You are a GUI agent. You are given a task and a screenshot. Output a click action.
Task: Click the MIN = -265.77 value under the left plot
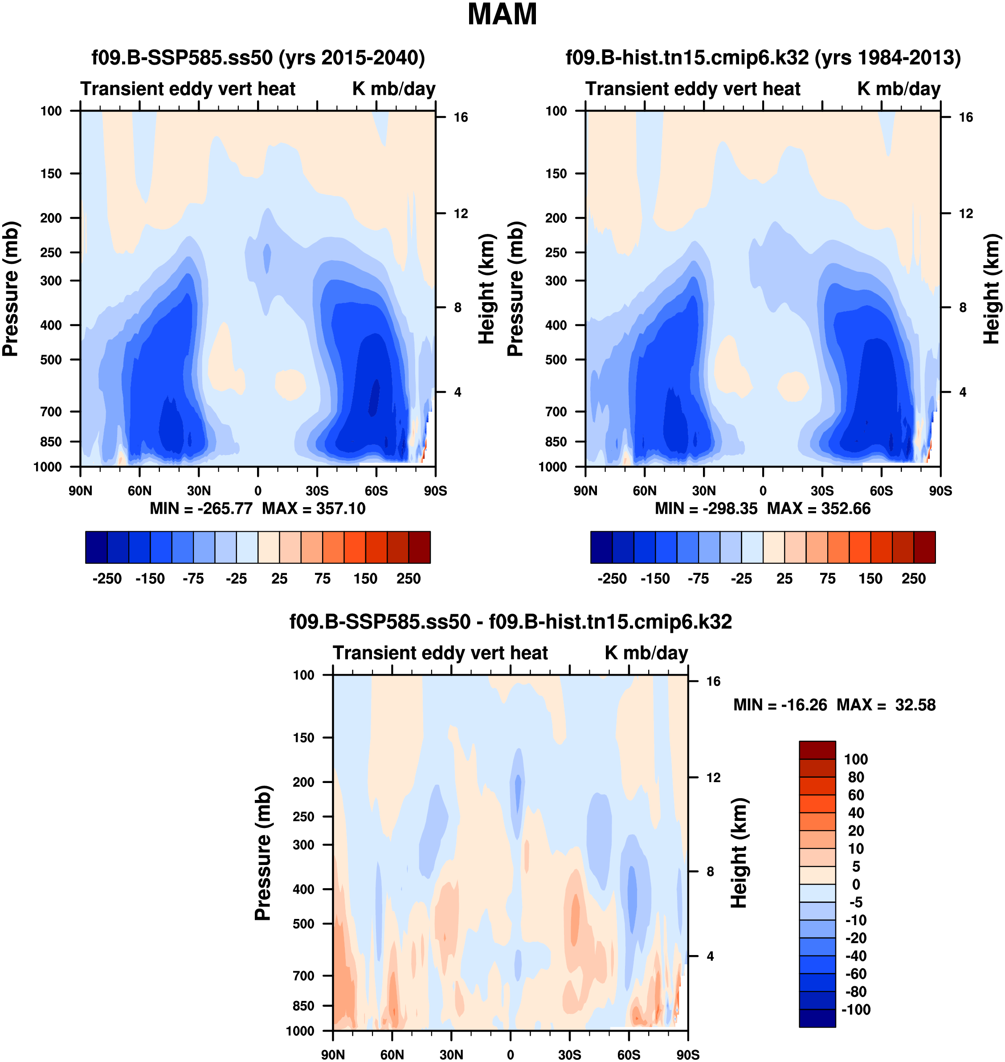pos(201,508)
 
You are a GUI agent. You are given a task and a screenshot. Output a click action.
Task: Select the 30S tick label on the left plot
pos(317,490)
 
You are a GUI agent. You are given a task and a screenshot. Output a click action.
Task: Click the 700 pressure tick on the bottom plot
pos(303,976)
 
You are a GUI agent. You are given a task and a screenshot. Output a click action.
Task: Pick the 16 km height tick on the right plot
pos(965,117)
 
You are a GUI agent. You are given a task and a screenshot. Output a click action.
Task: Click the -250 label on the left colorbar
pos(107,579)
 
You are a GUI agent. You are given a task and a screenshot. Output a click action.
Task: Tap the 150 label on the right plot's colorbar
pos(870,579)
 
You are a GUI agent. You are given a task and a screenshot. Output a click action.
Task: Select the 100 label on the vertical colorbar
pos(856,759)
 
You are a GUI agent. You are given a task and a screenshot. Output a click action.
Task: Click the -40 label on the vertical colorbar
pos(856,956)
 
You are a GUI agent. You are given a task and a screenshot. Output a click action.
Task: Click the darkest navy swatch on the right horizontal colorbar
pos(601,547)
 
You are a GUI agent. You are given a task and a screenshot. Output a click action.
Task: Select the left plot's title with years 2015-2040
pos(258,57)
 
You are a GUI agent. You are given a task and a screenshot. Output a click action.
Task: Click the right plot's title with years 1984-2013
pos(763,57)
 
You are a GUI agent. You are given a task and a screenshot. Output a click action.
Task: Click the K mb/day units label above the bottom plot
pos(646,653)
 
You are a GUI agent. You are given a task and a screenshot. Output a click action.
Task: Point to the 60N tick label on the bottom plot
pos(392,1054)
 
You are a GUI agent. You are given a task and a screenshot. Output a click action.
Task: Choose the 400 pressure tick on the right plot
pos(556,325)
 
